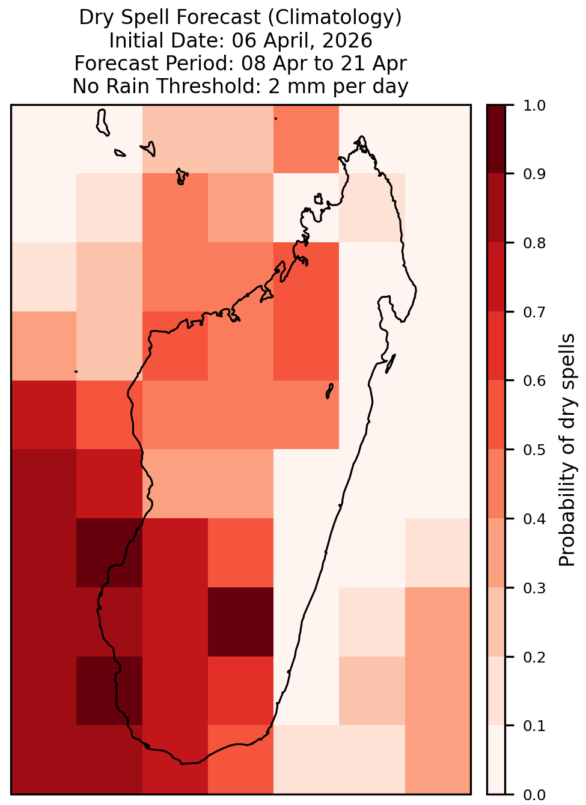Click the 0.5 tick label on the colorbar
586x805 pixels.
tap(534, 450)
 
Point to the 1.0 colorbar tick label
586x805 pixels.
tap(534, 106)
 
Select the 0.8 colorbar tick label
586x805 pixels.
tap(534, 243)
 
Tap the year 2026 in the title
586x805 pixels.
tap(347, 40)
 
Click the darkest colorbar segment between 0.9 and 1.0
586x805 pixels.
tap(496, 139)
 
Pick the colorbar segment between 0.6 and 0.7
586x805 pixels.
tap(496, 346)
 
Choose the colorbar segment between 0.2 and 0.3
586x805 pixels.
tap(496, 622)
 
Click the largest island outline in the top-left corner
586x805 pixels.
tap(103, 122)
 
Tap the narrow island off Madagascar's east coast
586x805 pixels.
tap(391, 364)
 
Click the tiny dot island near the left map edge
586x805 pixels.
tap(76, 372)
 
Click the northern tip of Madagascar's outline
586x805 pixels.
tap(361, 136)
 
